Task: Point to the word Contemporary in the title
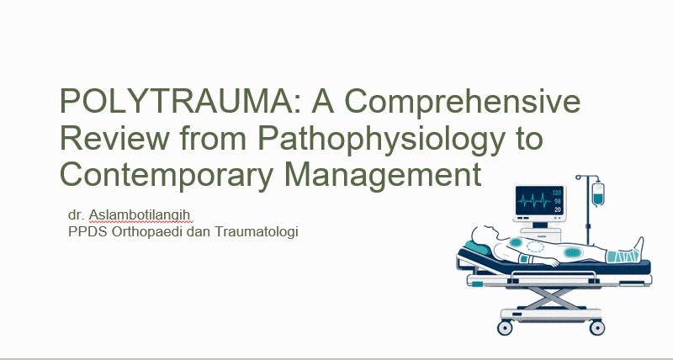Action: pos(167,175)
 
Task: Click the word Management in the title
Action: pos(383,175)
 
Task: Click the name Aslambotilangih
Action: pos(140,215)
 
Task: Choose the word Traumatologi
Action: pos(257,232)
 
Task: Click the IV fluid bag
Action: pos(598,193)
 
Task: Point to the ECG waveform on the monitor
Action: pos(534,200)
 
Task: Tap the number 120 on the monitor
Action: pos(557,193)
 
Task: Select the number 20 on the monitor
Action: pos(558,209)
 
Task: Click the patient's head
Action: pos(483,235)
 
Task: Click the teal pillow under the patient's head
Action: pos(477,248)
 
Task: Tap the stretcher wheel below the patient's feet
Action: pos(597,327)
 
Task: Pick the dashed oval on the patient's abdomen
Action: pos(535,246)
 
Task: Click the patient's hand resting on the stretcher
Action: pos(552,262)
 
